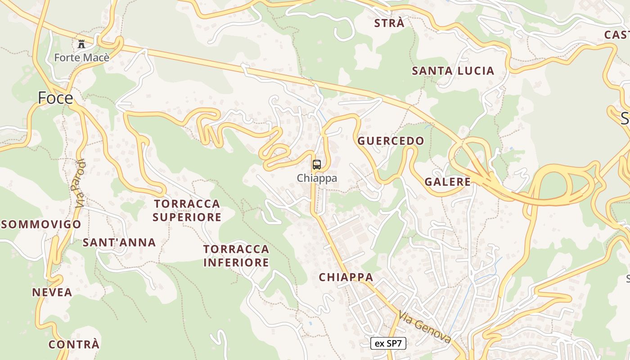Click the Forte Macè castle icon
(x=81, y=44)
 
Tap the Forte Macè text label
(x=81, y=58)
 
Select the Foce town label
(x=55, y=98)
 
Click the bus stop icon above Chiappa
(x=317, y=165)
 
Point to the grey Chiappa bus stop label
(x=317, y=178)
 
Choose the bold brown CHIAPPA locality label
(x=346, y=277)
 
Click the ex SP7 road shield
(x=388, y=344)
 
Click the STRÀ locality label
(x=389, y=23)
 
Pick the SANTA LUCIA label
(x=453, y=71)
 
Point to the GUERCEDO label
(x=391, y=141)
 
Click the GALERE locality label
(x=447, y=182)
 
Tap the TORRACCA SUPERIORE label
(x=187, y=211)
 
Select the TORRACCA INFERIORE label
(x=236, y=256)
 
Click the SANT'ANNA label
(x=119, y=243)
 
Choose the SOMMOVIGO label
(x=41, y=224)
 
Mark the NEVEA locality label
(x=52, y=292)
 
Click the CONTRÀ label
(x=73, y=345)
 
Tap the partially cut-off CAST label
(x=617, y=35)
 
